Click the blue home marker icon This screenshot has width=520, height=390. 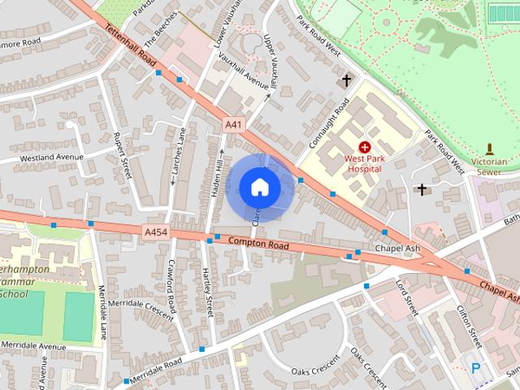pyautogui.click(x=259, y=187)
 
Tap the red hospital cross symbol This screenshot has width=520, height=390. pyautogui.click(x=364, y=146)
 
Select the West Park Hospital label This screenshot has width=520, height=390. pyautogui.click(x=364, y=164)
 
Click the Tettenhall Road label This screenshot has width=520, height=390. pyautogui.click(x=131, y=45)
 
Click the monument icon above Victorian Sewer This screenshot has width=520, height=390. pyautogui.click(x=489, y=149)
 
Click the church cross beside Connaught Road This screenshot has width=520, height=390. pyautogui.click(x=347, y=80)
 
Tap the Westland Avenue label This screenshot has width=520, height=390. pyautogui.click(x=52, y=156)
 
